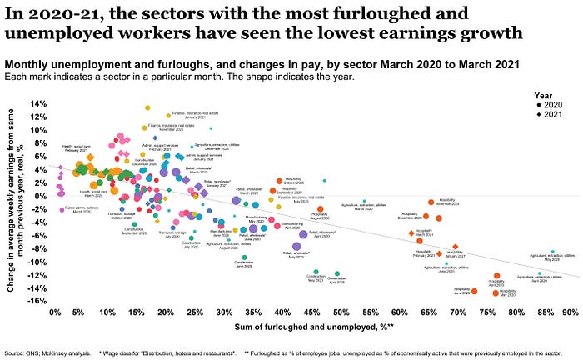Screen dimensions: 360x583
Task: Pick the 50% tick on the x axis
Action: [341, 312]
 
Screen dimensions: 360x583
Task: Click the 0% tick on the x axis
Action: [56, 312]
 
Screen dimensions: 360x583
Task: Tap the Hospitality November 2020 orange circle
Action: [431, 202]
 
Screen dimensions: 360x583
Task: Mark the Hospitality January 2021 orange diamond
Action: [456, 247]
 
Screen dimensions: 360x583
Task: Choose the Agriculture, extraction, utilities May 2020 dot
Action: [551, 251]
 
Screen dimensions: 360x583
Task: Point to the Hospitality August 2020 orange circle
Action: [320, 209]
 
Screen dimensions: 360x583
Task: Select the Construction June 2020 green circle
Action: [244, 257]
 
